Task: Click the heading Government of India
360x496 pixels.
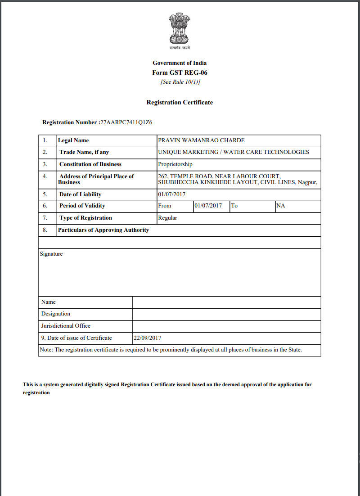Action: tap(180, 63)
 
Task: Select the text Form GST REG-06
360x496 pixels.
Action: tap(180, 72)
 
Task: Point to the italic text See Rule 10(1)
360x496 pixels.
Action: tap(180, 82)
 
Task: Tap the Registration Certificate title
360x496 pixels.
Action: tap(180, 102)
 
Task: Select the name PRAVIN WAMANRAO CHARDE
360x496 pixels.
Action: tap(201, 140)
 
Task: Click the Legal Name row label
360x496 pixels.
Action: tap(73, 140)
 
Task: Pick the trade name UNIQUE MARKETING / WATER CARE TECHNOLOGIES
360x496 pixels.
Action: tap(234, 152)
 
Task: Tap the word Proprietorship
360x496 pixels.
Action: tap(175, 164)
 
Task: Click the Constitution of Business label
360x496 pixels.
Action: tap(90, 164)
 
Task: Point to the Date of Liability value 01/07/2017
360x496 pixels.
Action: tap(172, 194)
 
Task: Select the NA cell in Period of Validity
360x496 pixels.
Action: tap(280, 206)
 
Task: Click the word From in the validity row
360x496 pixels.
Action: tap(165, 206)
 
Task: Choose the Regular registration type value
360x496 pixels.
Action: tap(167, 218)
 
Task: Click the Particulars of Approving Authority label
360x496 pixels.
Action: tap(103, 230)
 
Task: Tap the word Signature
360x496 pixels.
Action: tap(51, 254)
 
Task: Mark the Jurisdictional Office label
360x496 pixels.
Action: tap(66, 326)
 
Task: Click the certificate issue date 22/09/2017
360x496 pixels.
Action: tap(148, 338)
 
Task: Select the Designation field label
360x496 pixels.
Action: tap(56, 314)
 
